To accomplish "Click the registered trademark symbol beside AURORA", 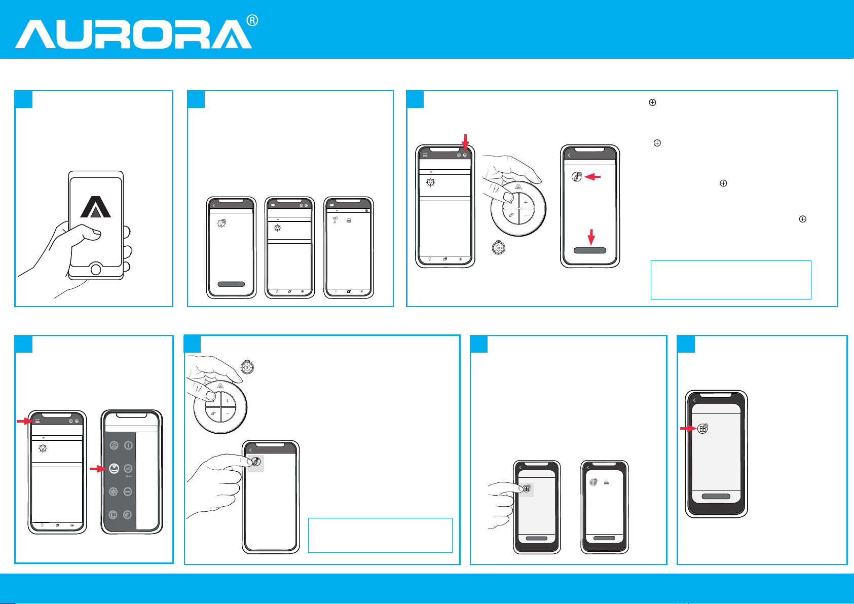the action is [252, 20].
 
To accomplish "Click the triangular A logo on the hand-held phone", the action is [95, 207].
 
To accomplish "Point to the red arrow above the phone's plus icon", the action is [465, 142].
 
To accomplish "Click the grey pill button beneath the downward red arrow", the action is [590, 250].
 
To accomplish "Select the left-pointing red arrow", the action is [592, 177].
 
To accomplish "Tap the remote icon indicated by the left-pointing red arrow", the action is [576, 176].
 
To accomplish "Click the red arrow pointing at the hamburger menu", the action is [25, 421].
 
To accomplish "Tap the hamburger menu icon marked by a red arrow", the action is [38, 421].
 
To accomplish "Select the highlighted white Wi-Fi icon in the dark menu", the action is [114, 468].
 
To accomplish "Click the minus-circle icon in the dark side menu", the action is [128, 492].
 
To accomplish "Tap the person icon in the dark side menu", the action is [114, 445].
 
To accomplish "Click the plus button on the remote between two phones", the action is [526, 202].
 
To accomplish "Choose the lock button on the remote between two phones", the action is [511, 215].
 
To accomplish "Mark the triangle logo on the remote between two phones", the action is [518, 187].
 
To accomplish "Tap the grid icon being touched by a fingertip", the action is [527, 488].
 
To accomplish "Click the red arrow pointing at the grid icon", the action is [688, 429].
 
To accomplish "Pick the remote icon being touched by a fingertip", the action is [256, 462].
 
